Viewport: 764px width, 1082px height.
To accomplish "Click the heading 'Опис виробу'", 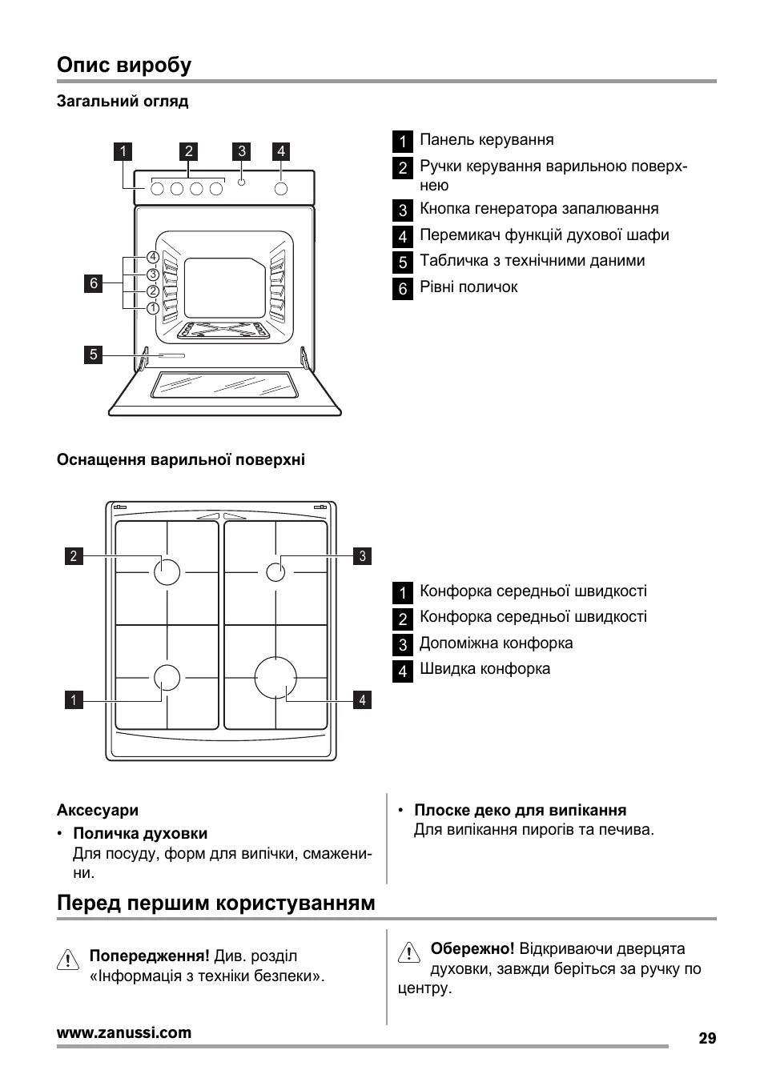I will click(124, 65).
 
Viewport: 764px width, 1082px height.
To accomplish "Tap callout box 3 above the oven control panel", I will click(241, 151).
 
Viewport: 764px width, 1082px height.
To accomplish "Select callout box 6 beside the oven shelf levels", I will click(94, 283).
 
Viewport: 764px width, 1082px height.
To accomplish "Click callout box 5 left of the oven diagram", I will click(94, 355).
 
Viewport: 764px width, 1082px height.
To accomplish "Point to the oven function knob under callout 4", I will click(281, 188).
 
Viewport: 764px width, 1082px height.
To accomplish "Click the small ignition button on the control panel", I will click(242, 182).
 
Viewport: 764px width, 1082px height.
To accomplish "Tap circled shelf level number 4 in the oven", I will click(152, 258).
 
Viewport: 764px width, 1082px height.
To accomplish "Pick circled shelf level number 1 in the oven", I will click(152, 308).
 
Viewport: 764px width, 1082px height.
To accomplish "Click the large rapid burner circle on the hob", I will click(275, 677).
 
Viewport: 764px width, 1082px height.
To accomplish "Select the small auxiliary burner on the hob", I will click(275, 571).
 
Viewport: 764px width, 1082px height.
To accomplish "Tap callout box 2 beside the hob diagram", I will click(74, 555).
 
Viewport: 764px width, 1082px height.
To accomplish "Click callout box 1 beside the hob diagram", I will click(74, 700).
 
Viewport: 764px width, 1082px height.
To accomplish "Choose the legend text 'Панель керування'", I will click(486, 140).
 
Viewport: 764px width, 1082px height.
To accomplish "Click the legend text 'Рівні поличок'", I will click(468, 287).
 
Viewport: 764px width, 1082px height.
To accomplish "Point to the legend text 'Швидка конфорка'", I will click(485, 668).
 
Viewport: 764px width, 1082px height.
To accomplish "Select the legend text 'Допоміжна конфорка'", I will click(496, 643).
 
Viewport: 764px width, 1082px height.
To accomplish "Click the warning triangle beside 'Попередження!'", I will click(68, 959).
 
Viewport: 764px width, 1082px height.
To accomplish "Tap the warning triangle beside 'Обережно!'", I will click(408, 952).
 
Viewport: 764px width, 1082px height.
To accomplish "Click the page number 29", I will click(706, 1038).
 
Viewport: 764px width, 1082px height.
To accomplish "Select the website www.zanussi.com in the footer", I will click(124, 1032).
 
